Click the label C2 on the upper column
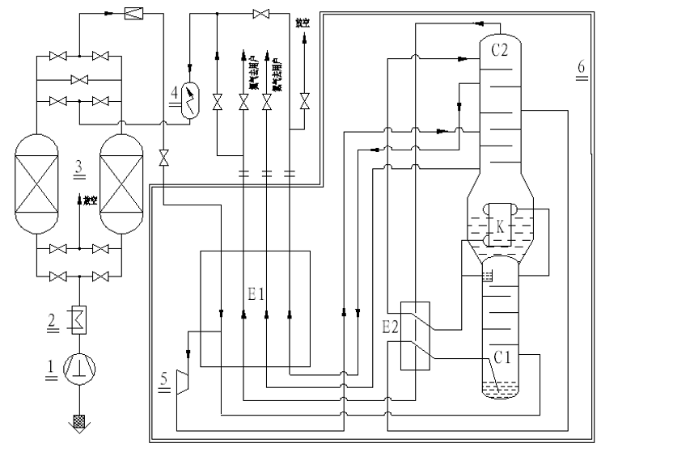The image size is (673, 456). (x=499, y=50)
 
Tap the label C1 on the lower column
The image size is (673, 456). (x=502, y=354)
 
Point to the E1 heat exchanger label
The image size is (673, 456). (x=256, y=294)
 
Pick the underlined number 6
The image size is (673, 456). (x=580, y=66)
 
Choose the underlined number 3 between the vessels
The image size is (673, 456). (x=78, y=167)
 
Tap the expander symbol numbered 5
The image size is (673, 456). (x=183, y=381)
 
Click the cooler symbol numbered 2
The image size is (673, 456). (x=79, y=317)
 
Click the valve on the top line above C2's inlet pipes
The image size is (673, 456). (x=260, y=13)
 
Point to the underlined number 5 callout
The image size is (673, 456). (x=164, y=380)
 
